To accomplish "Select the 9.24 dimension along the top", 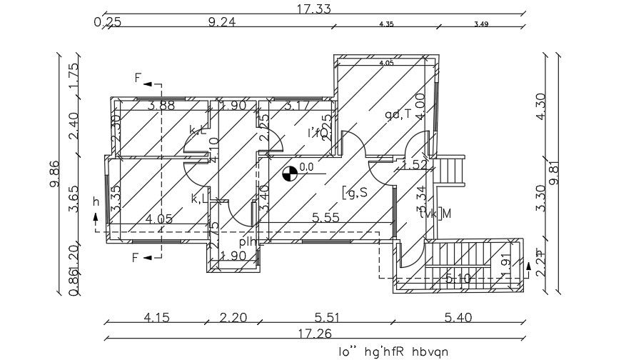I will (x=222, y=22).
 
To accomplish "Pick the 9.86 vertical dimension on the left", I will (x=55, y=174).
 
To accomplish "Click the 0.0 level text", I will (x=306, y=167).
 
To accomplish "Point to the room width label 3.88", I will (x=161, y=106).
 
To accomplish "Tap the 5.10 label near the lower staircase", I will (x=458, y=279).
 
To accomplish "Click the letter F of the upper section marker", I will (x=137, y=77).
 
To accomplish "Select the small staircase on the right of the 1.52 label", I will (x=453, y=171).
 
